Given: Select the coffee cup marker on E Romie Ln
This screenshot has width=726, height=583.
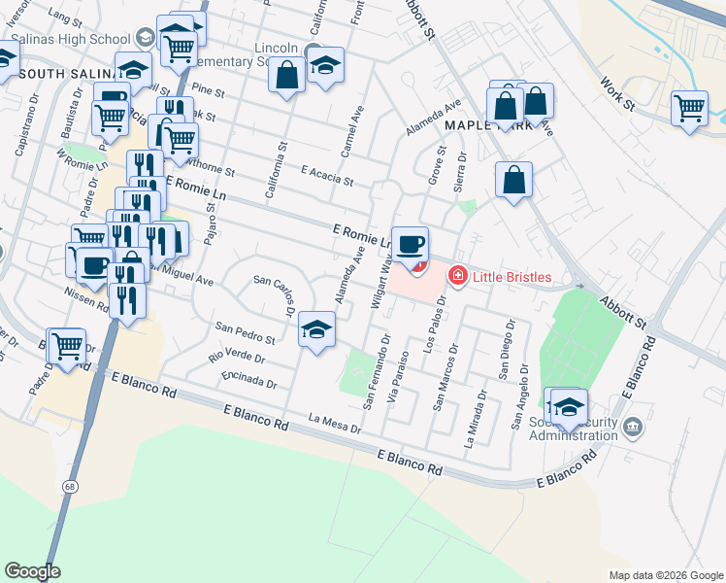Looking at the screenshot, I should (x=412, y=244).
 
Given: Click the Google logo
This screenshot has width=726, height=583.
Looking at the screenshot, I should (x=32, y=571).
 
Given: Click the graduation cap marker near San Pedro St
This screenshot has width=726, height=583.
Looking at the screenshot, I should (x=316, y=331).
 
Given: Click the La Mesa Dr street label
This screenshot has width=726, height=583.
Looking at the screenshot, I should (x=334, y=423).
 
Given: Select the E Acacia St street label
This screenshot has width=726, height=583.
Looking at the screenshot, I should (x=326, y=175).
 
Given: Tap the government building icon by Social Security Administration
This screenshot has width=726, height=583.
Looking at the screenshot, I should (x=633, y=427).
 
